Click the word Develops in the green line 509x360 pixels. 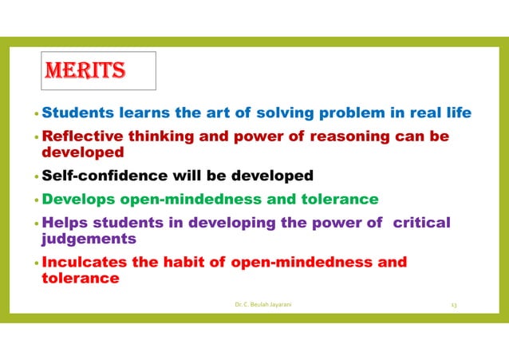click(x=77, y=199)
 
